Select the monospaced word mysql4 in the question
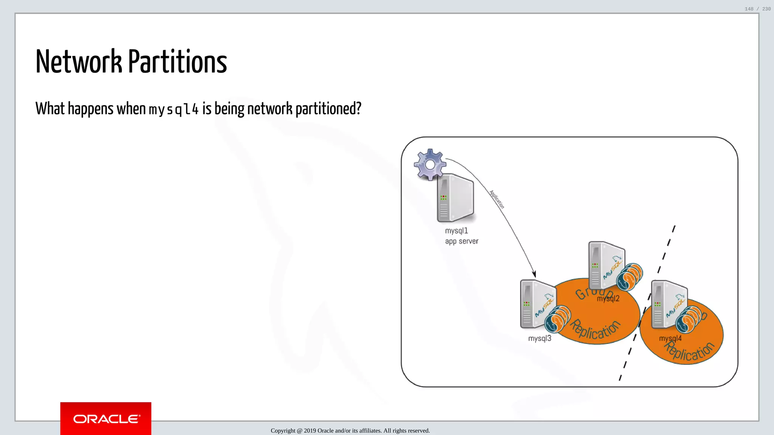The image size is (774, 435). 173,110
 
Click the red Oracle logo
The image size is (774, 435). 106,418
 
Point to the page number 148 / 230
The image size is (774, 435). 757,9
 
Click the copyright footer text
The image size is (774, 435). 350,430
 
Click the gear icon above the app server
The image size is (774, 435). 430,164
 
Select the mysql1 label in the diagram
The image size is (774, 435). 456,231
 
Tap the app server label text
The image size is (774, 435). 461,241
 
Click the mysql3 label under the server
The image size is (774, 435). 539,338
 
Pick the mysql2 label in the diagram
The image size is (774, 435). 608,299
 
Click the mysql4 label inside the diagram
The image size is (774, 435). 670,338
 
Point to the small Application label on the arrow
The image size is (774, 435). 497,199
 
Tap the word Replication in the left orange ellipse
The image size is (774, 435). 595,329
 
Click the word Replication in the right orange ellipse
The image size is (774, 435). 689,352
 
